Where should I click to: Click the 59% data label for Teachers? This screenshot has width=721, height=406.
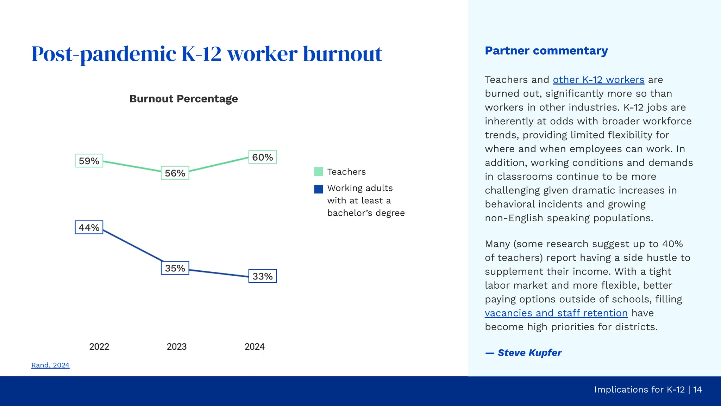tap(89, 161)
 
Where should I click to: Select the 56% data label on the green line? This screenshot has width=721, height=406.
tap(175, 173)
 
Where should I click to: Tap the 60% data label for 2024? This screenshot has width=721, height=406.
tap(262, 157)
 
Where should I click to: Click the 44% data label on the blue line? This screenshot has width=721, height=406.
tap(89, 227)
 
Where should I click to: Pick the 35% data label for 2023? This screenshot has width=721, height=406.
tap(175, 268)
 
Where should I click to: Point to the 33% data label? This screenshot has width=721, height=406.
tap(262, 276)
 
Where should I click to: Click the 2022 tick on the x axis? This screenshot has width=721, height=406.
tap(99, 347)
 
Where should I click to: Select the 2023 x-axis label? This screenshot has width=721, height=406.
tap(176, 347)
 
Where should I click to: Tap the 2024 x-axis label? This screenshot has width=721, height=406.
tap(254, 347)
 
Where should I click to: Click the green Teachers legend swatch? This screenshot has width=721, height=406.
tap(318, 172)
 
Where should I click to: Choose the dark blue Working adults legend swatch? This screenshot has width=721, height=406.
tap(318, 189)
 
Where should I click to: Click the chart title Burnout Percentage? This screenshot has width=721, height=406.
tap(183, 99)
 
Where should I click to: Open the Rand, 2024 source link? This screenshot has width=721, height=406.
tap(50, 365)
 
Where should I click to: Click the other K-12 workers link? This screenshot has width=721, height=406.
tap(598, 80)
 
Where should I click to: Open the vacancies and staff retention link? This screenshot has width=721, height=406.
tap(556, 313)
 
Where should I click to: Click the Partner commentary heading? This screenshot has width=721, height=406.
tap(546, 51)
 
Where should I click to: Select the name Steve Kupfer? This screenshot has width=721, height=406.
tap(529, 353)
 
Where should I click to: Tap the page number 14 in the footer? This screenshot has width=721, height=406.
tap(697, 389)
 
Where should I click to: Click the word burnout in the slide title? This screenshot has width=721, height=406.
tap(342, 54)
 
